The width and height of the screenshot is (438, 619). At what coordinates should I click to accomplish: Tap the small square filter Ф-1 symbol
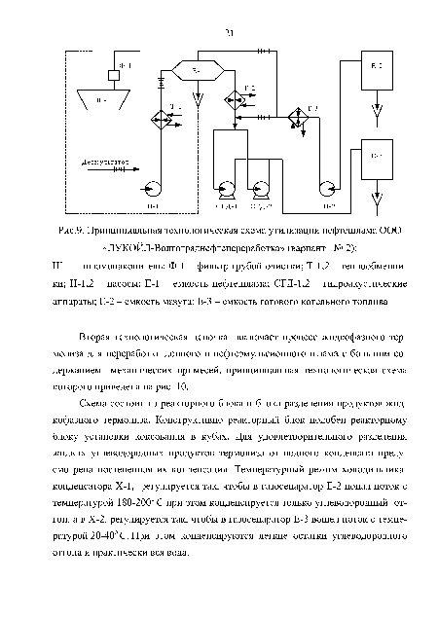(114, 74)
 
